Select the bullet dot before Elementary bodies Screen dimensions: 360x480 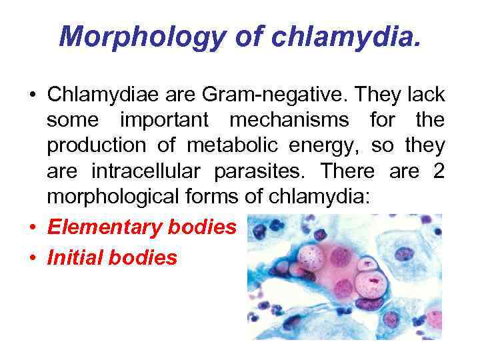click(32, 227)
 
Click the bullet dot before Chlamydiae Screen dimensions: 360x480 click(32, 95)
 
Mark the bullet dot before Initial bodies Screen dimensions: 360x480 click(32, 257)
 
